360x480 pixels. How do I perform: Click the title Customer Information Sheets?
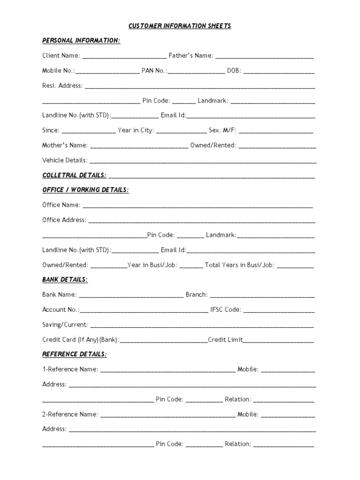(x=180, y=26)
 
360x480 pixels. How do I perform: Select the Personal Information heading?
(x=81, y=41)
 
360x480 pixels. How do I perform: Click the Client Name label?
(x=61, y=56)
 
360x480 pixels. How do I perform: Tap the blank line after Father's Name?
(x=264, y=56)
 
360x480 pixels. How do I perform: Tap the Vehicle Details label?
(x=65, y=160)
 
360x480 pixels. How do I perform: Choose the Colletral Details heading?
(x=74, y=175)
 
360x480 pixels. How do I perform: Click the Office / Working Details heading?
(x=85, y=190)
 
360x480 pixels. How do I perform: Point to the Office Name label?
(x=61, y=205)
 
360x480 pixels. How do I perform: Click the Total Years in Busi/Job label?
(x=239, y=265)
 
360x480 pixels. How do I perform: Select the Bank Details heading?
(x=65, y=279)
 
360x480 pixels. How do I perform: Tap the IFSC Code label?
(x=226, y=309)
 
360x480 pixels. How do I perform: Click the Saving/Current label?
(x=65, y=324)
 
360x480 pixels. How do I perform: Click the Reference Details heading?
(x=74, y=354)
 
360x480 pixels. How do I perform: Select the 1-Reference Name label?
(x=70, y=369)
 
